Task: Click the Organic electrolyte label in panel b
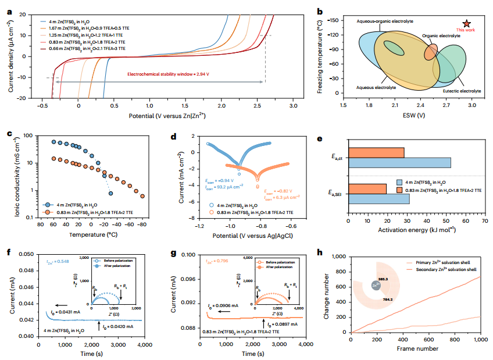(x=440, y=35)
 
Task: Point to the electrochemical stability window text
(x=169, y=74)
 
